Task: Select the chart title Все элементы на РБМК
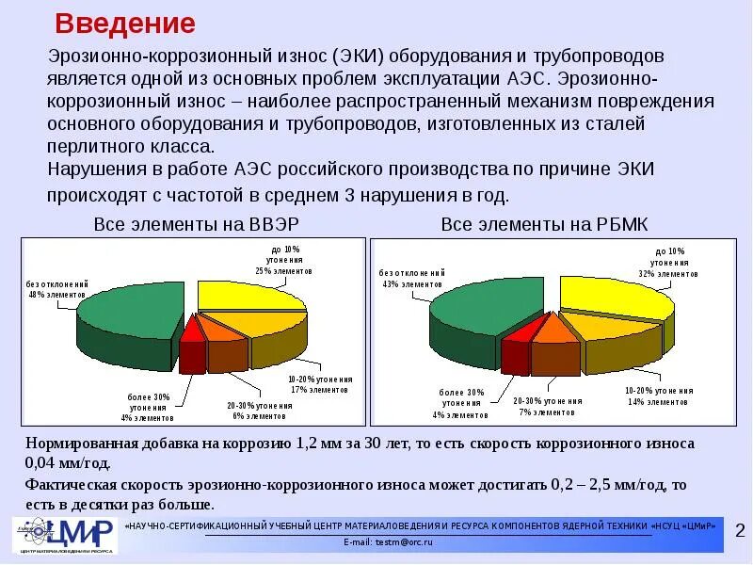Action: (x=545, y=225)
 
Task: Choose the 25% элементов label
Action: (x=282, y=270)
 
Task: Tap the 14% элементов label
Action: (x=659, y=402)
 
